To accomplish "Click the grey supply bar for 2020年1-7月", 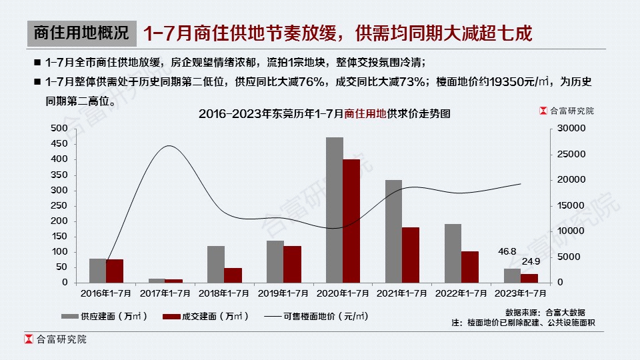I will coord(335,210).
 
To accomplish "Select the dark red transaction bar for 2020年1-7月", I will coord(351,221).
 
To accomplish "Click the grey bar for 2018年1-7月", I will coord(215,264).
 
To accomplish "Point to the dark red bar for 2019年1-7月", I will coord(292,264).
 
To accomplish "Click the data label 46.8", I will coord(507,251).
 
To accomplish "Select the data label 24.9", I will coord(531,261).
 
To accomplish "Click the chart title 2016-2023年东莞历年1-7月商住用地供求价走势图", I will coord(325,114).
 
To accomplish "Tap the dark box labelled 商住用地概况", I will coord(81,32).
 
